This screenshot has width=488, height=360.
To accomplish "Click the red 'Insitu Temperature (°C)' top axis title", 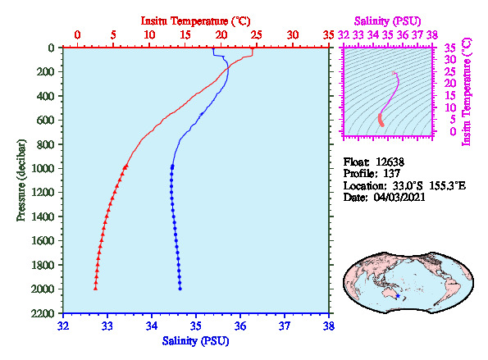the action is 195,21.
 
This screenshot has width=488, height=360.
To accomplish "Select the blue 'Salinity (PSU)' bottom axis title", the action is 195,341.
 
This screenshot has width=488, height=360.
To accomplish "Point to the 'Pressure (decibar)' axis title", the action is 21,180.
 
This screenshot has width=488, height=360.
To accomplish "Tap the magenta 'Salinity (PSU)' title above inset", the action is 387,21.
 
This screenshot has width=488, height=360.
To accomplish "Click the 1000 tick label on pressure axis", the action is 43,168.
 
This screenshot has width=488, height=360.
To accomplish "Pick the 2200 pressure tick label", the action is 43,313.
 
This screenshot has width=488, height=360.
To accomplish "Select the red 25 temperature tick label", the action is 257,34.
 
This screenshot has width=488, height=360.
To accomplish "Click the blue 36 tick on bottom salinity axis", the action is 240,326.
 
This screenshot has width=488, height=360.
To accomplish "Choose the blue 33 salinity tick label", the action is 107,326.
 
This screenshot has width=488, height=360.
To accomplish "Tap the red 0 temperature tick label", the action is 77,34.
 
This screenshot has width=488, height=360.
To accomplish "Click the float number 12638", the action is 390,162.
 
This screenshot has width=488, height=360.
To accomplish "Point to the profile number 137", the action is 391,173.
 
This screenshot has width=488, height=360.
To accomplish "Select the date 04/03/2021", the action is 399,198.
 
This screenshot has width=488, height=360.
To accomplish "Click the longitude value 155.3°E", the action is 448,186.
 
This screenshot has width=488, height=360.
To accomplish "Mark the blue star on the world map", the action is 398,296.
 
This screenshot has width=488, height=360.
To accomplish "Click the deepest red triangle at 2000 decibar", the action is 95,289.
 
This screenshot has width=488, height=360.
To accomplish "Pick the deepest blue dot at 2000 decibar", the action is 180,289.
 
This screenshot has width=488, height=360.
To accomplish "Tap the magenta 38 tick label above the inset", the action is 432,34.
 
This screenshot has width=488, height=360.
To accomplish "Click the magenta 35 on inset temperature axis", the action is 450,48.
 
